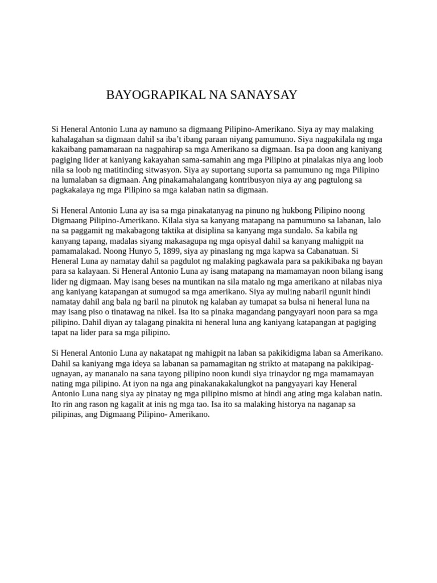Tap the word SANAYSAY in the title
pos(263,95)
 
